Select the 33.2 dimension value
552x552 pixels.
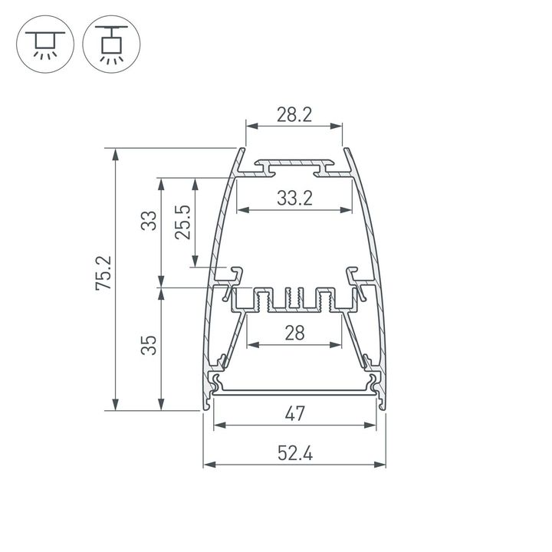tap(294, 199)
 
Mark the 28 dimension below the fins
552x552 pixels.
tap(294, 333)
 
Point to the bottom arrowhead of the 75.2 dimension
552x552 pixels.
tap(116, 406)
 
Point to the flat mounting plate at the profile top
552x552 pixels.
tap(294, 165)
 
